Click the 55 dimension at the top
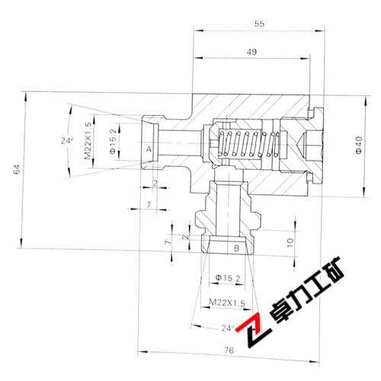pos(259,24)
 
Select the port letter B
pos(236,248)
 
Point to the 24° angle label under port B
pos(227,328)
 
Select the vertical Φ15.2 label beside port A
pos(112,141)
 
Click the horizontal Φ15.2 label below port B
pos(228,277)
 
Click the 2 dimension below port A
pos(155,184)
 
